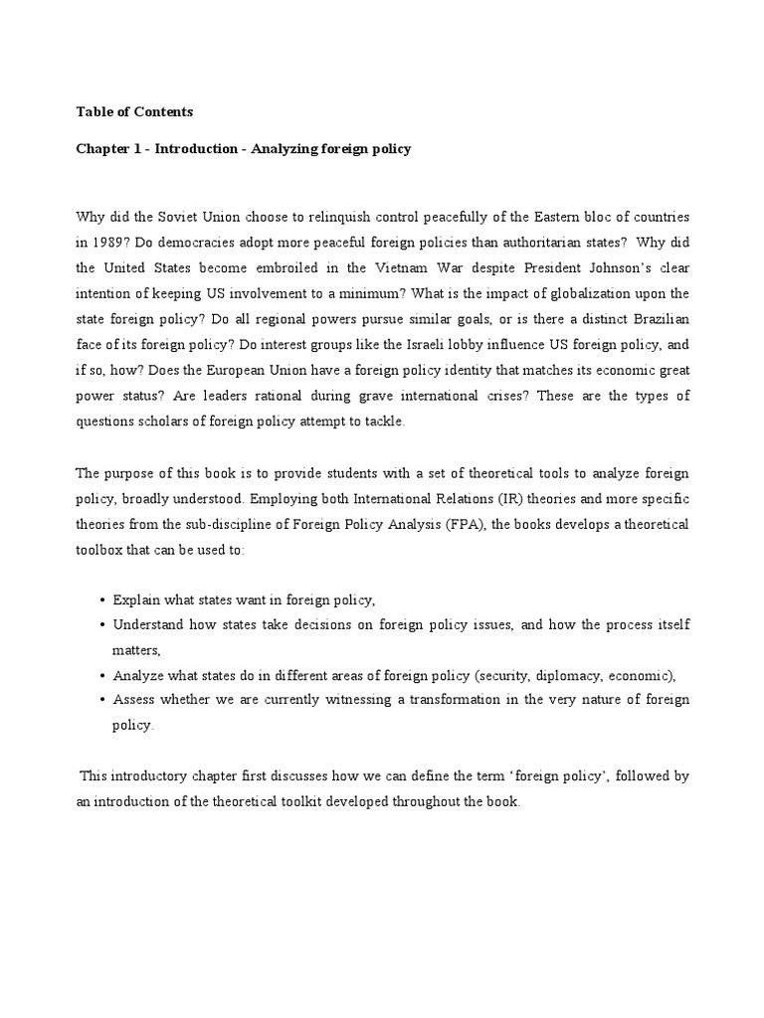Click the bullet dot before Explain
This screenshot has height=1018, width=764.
(x=103, y=600)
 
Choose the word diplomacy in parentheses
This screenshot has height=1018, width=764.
(x=562, y=675)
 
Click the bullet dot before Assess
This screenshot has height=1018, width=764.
(x=103, y=701)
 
